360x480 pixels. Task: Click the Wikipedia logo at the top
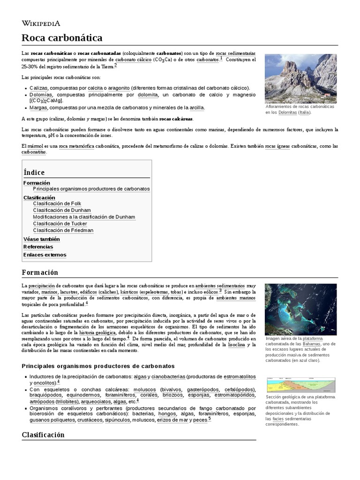click(40, 22)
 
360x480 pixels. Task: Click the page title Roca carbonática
click(62, 37)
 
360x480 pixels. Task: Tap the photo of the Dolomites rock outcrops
click(300, 78)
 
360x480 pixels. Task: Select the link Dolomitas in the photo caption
click(287, 112)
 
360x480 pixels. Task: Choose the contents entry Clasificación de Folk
click(57, 203)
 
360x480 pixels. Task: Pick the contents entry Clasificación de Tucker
click(60, 224)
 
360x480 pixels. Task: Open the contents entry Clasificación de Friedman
click(63, 230)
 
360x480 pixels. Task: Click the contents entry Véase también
click(41, 239)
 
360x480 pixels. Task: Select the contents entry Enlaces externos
click(45, 255)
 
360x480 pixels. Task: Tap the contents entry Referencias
click(38, 247)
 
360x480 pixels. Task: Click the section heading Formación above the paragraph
click(40, 272)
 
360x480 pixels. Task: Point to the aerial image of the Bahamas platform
click(300, 309)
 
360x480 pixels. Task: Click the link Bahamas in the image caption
click(312, 344)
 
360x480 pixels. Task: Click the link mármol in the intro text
click(36, 146)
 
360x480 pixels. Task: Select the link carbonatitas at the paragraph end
click(34, 152)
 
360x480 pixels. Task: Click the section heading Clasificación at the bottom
click(43, 435)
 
